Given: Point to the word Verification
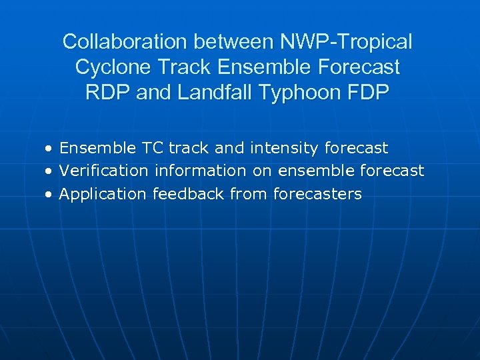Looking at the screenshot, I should pos(103,171).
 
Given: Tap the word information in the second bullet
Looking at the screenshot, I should pos(201,171).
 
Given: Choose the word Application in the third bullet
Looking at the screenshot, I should pos(103,194).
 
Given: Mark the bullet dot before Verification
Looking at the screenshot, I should pos(49,171).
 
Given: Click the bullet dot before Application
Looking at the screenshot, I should pos(49,195).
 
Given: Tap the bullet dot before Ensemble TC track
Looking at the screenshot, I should pos(49,148).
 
